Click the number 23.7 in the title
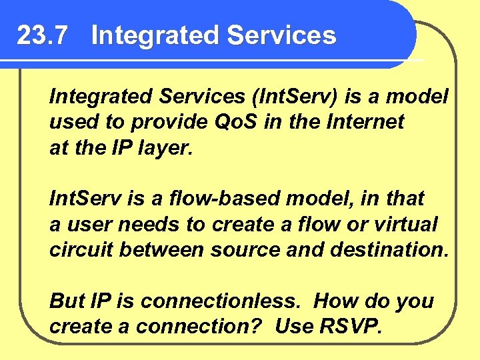point(42,35)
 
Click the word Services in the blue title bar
point(281,35)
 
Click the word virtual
point(410,223)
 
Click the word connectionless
point(221,301)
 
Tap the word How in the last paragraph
point(337,301)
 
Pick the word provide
point(164,122)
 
